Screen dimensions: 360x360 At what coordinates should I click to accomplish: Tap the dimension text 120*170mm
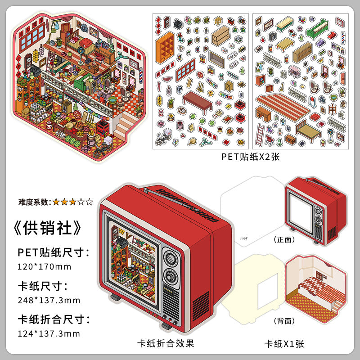click(45, 266)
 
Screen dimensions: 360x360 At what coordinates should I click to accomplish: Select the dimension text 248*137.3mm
click(49, 300)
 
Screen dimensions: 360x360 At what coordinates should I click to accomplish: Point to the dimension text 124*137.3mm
click(49, 333)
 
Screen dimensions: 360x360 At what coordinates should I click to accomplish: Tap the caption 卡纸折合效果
click(166, 343)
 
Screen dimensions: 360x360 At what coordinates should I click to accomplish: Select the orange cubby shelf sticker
click(165, 46)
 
